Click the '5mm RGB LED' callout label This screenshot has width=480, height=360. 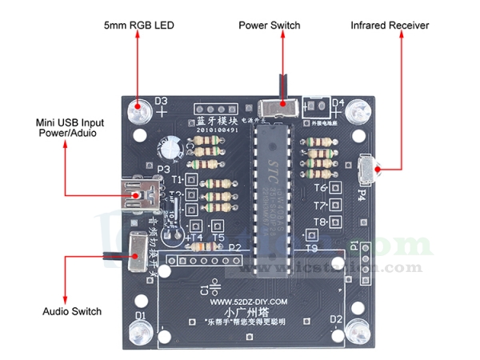tap(138, 26)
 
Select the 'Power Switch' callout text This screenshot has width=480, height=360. tap(270, 26)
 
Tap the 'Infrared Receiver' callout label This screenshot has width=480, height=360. tap(390, 26)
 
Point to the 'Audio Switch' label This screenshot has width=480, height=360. tap(71, 311)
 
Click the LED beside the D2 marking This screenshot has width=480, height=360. tap(358, 330)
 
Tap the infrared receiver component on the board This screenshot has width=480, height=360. tap(366, 169)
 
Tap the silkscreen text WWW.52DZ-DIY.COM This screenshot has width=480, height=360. tap(249, 302)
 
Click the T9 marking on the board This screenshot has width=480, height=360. tap(311, 249)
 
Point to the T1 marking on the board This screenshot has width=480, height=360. tap(178, 179)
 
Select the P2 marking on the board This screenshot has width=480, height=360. tap(234, 247)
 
